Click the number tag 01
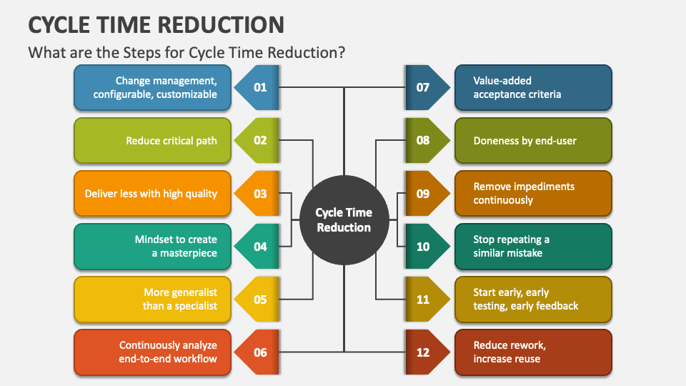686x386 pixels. tap(259, 88)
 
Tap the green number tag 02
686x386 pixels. tap(259, 141)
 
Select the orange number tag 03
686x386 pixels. tap(259, 194)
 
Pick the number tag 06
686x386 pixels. tap(259, 352)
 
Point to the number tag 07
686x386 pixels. tap(424, 88)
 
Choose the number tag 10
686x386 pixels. tap(424, 247)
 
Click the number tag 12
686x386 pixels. tap(424, 352)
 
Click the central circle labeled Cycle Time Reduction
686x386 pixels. tap(344, 220)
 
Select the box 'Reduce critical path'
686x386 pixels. tap(153, 141)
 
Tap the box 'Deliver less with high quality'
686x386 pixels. tap(153, 194)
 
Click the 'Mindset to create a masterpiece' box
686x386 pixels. tap(153, 247)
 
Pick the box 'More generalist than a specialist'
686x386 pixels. tap(153, 300)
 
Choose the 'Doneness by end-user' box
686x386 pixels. tap(533, 141)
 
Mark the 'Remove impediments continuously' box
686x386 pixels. tap(533, 194)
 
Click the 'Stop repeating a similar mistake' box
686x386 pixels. tap(533, 247)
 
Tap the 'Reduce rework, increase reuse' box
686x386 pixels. tap(533, 352)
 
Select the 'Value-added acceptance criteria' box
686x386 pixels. tap(533, 88)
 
